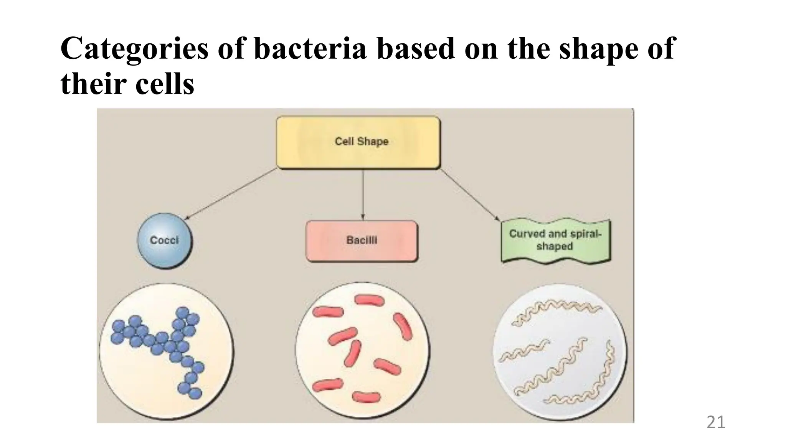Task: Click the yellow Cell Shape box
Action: point(358,142)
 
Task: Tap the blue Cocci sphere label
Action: point(165,241)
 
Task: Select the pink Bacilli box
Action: point(362,241)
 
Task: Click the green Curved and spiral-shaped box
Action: point(555,241)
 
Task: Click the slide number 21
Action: point(715,422)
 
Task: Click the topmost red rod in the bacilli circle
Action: point(369,300)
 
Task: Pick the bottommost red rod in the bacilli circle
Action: point(366,397)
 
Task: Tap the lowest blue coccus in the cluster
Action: point(195,393)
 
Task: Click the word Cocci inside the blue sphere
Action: point(165,241)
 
